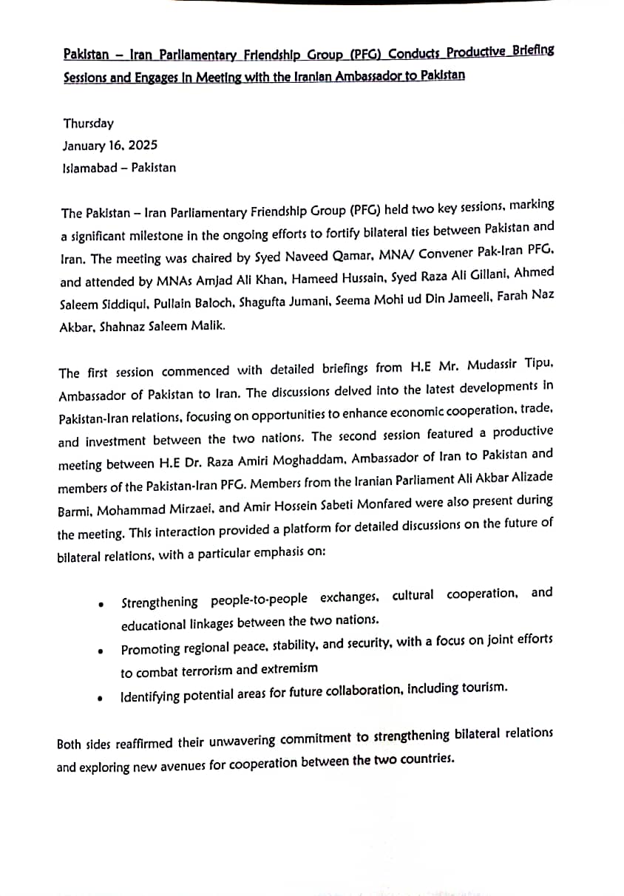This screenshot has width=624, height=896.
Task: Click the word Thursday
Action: click(x=88, y=123)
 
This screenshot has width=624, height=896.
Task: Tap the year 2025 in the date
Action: click(x=142, y=146)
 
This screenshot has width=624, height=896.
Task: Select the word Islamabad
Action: click(x=90, y=168)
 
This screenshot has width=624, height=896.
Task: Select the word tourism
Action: click(x=483, y=688)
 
